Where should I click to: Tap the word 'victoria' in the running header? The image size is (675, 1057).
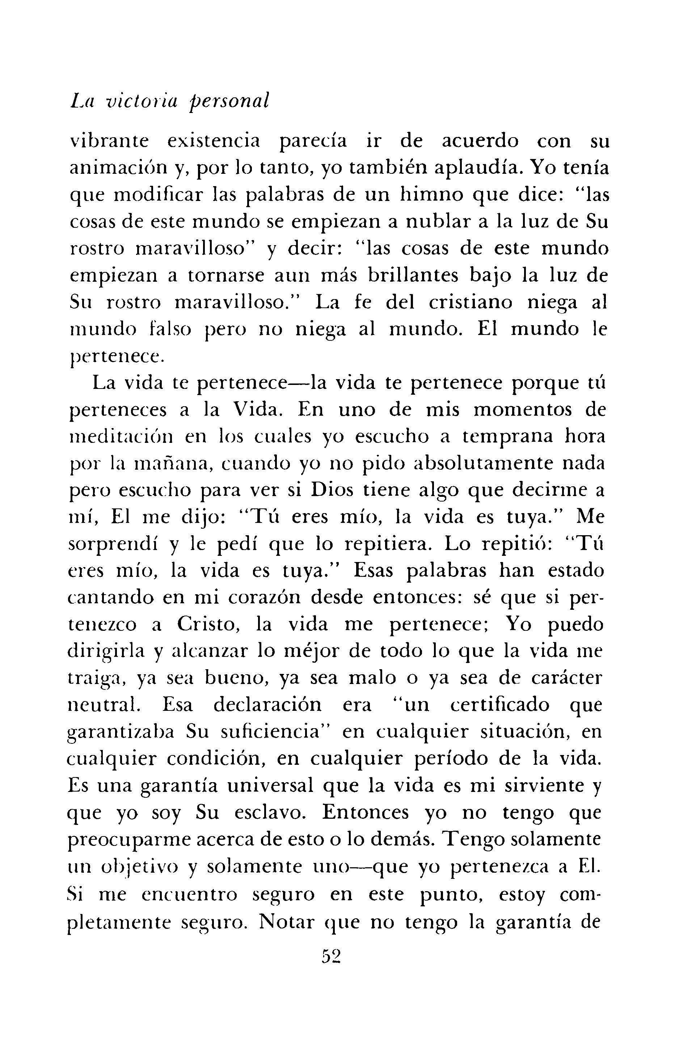pyautogui.click(x=141, y=102)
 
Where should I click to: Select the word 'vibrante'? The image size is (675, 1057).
pyautogui.click(x=109, y=141)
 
